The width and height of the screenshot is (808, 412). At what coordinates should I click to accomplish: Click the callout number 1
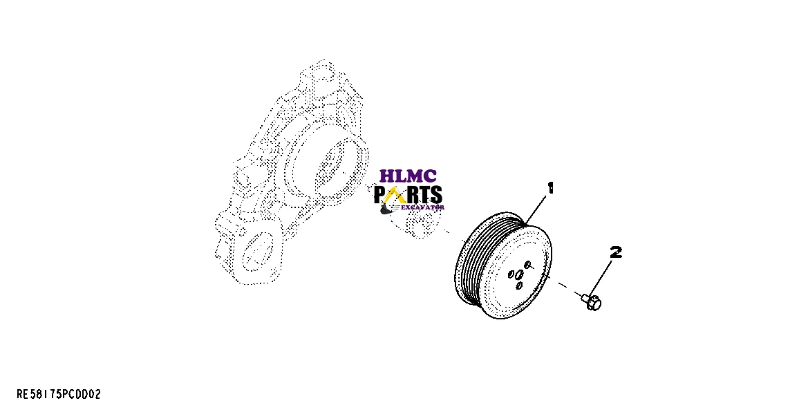551,188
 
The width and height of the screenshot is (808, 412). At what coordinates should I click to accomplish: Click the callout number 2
615,252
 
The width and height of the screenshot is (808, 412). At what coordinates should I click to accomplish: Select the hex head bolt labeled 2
592,301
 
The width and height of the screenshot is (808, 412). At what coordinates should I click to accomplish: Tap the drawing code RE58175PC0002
59,395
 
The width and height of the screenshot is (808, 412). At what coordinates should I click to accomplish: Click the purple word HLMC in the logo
408,177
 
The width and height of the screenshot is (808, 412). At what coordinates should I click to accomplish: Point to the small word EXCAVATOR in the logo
422,207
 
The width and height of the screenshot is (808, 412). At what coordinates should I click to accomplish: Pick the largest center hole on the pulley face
518,275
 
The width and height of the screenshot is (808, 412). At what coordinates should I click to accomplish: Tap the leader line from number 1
536,207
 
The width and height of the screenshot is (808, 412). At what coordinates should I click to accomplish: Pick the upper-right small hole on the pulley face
528,265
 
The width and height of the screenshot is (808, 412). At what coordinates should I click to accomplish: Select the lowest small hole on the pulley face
519,285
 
